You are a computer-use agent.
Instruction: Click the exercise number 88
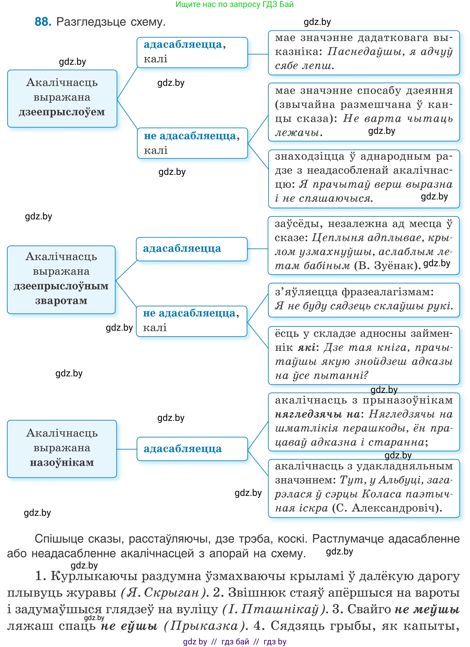[x=43, y=22]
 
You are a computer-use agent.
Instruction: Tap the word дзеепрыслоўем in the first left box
[x=62, y=112]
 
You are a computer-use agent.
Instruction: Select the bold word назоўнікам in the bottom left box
[x=62, y=462]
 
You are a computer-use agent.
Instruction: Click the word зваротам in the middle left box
[x=61, y=301]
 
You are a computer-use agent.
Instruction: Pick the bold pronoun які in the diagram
[x=307, y=348]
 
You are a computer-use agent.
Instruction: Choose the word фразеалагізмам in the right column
[x=387, y=292]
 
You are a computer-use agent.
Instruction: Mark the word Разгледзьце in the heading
[x=91, y=22]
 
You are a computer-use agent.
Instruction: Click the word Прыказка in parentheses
[x=204, y=626]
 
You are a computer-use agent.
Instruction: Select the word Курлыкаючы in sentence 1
[x=94, y=576]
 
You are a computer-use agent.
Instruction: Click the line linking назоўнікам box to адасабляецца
[x=127, y=449]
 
